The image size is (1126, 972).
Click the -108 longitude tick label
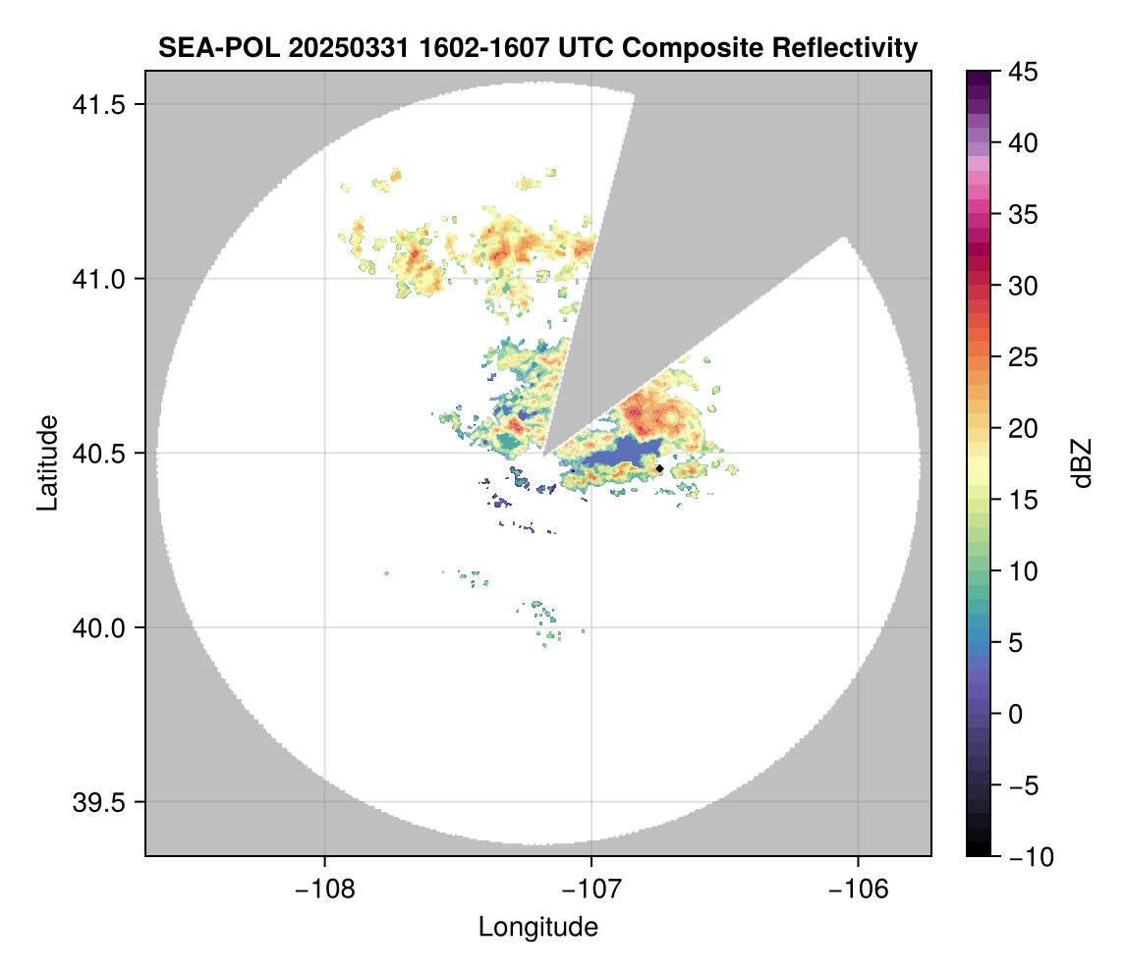(x=323, y=889)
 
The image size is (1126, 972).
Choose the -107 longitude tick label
(x=591, y=889)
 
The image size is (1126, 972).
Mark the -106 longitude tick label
(x=859, y=889)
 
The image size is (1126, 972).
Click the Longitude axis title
(x=538, y=927)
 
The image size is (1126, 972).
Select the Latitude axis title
(x=47, y=462)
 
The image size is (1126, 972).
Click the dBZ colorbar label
(x=1082, y=463)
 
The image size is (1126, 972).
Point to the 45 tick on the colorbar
(x=1026, y=72)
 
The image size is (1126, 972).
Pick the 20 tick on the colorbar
(x=1026, y=429)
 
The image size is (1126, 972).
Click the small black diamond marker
(x=659, y=468)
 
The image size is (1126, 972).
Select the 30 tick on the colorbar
(x=1026, y=286)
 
